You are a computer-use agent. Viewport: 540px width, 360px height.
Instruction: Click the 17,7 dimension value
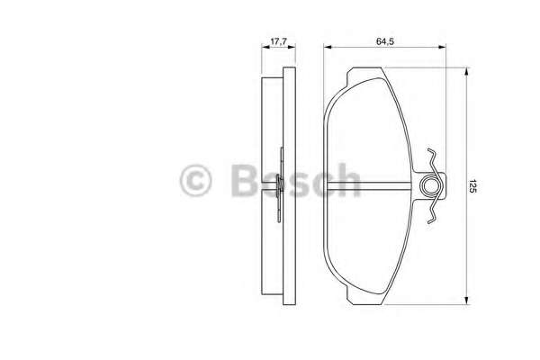pos(279,41)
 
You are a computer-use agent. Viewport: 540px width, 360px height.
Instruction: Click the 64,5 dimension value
pos(385,41)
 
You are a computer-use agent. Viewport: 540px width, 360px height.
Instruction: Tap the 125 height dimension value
pos(472,186)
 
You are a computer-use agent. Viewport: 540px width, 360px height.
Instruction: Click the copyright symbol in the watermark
pos(195,180)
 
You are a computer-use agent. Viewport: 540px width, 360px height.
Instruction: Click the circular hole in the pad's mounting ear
pos(429,186)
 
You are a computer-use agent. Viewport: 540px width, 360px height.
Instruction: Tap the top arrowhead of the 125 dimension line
pos(466,71)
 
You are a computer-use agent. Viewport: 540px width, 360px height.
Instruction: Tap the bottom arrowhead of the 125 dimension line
pos(466,301)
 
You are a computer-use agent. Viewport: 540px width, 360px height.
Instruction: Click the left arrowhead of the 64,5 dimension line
pos(328,47)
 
